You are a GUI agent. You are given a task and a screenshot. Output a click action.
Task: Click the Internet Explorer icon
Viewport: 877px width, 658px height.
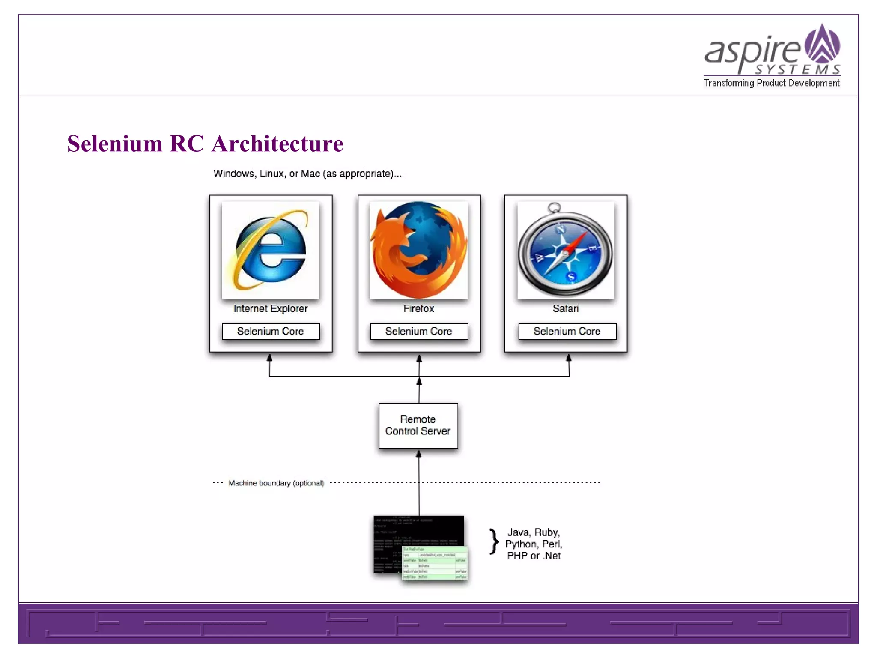pos(270,250)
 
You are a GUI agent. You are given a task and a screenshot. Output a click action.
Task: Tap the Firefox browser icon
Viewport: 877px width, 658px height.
pos(419,250)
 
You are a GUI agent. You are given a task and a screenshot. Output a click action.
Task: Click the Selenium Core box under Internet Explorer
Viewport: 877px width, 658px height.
pos(271,331)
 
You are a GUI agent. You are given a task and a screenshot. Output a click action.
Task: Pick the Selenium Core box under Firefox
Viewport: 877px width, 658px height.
pos(419,331)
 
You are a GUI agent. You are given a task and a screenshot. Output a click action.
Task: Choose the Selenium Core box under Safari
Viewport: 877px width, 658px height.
pos(567,331)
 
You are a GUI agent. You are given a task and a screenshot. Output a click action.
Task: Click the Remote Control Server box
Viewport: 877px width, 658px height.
pos(418,425)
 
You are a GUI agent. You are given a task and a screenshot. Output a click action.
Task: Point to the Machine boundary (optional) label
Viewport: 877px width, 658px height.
pos(276,483)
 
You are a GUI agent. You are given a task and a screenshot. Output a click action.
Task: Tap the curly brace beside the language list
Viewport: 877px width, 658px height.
pos(494,542)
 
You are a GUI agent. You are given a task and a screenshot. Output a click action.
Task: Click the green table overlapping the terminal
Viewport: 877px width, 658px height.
pos(435,563)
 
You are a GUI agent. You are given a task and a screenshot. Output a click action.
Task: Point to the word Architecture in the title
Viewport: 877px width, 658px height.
pos(277,144)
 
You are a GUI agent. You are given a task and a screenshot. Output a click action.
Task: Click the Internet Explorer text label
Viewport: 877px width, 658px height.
pos(271,308)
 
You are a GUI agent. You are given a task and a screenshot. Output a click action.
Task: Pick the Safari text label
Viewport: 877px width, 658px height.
pos(565,308)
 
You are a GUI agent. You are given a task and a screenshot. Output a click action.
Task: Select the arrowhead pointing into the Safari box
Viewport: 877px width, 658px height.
pos(569,358)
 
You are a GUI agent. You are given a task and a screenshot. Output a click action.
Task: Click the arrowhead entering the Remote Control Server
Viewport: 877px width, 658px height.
pos(419,454)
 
